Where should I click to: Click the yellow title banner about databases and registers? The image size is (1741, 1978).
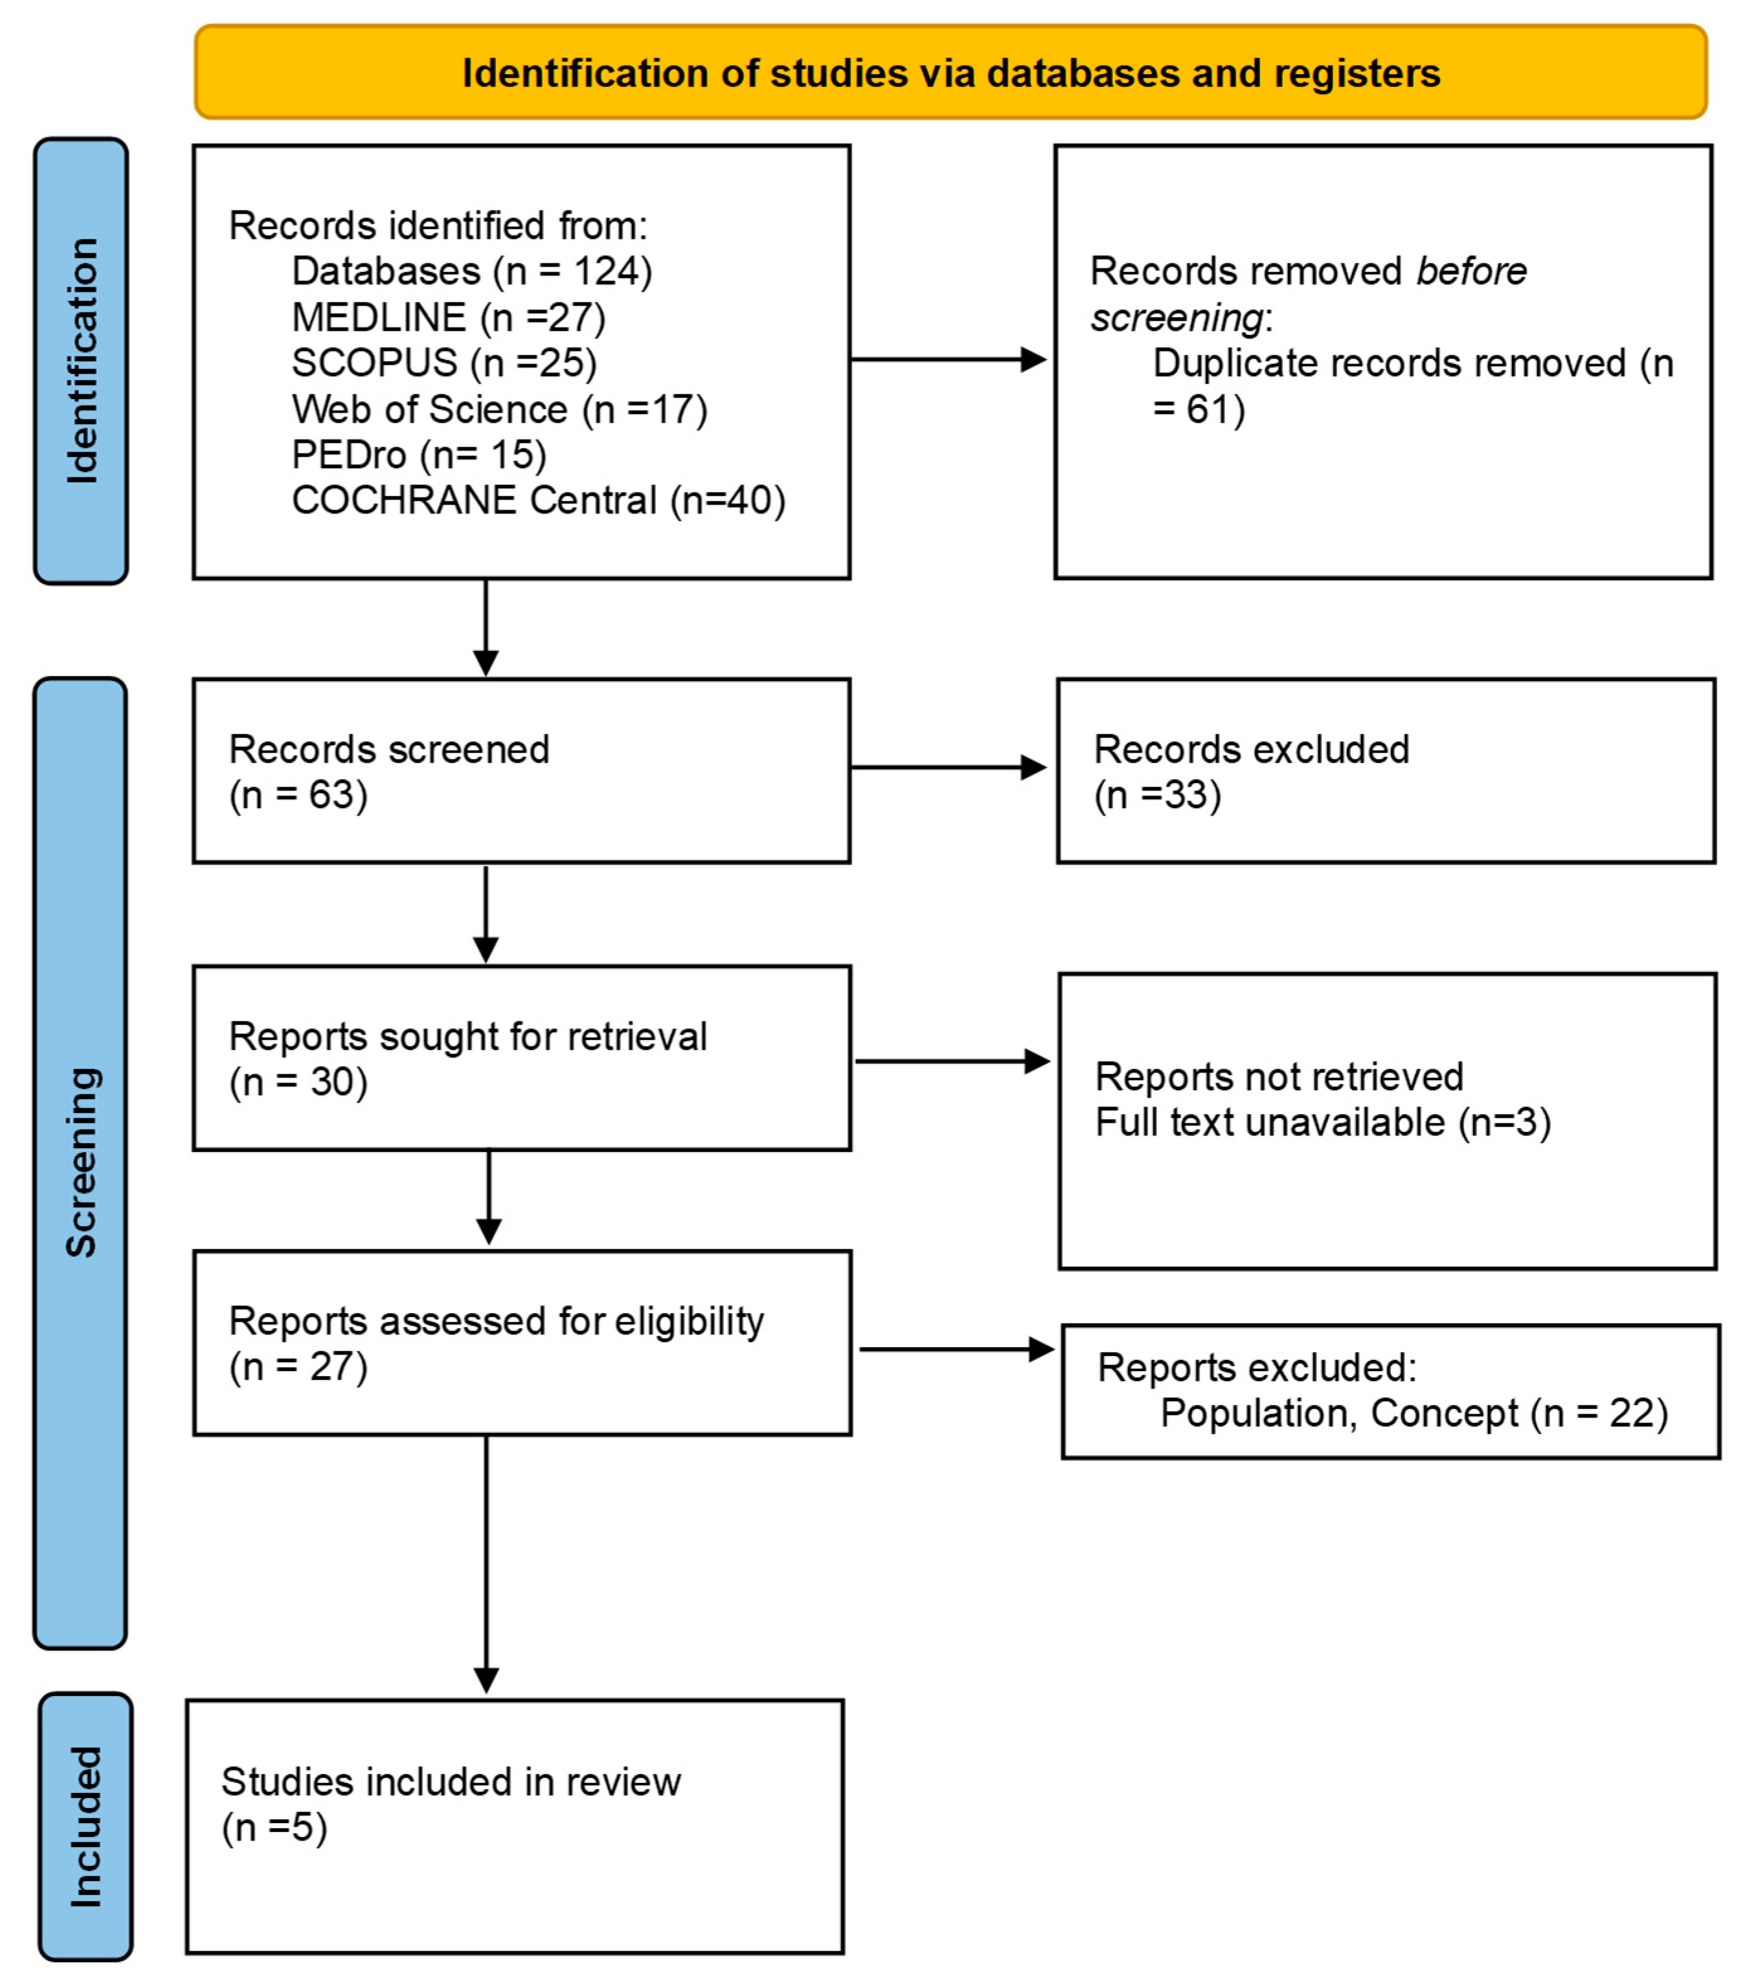coord(950,72)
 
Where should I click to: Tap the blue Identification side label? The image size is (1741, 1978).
coord(81,360)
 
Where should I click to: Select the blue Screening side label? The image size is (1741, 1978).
coord(81,1161)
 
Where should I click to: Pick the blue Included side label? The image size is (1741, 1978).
coord(85,1827)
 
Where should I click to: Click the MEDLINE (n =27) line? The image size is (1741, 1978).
coord(448,317)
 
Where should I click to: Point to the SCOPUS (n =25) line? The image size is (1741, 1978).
coord(444,363)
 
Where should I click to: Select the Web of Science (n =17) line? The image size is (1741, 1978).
coord(499,409)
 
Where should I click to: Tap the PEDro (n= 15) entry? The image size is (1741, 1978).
coord(419,455)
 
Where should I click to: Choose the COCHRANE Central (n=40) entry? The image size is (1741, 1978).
coord(538,500)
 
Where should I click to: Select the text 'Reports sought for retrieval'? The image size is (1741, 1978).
coord(468,1036)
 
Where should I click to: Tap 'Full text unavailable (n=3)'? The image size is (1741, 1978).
coord(1322,1122)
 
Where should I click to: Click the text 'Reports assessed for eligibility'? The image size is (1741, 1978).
coord(495,1321)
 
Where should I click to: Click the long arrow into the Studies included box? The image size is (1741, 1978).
coord(486,1568)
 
